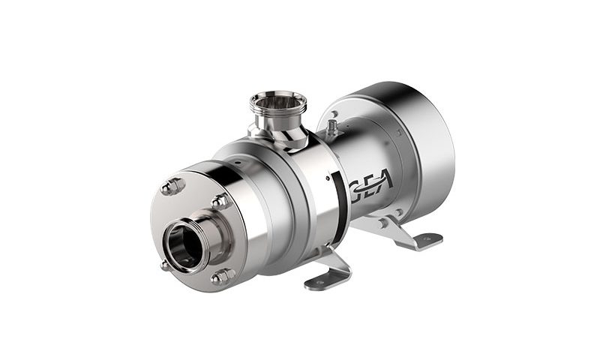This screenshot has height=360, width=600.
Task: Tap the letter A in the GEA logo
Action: (x=384, y=179)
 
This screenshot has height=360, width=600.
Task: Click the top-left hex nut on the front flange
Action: (x=173, y=187)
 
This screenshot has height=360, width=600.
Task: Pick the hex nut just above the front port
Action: (x=220, y=202)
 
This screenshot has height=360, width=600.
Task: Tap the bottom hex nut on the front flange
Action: (x=223, y=276)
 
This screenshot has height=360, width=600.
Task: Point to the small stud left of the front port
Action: (x=165, y=265)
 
